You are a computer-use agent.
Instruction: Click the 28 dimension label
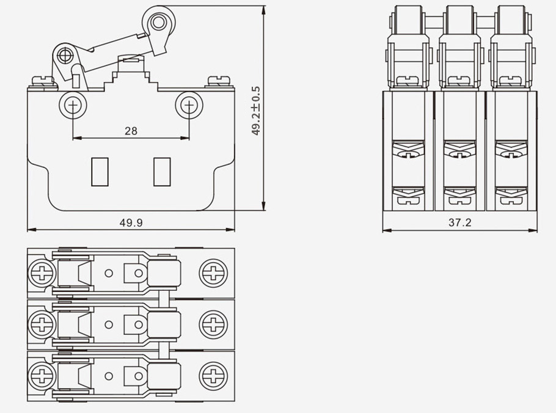(131, 131)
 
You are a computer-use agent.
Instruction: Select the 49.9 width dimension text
(131, 223)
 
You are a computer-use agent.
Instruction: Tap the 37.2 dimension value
(459, 223)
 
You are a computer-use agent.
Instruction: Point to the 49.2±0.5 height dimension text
(256, 111)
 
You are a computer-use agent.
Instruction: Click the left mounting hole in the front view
(73, 106)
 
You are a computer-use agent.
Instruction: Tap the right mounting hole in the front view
(189, 106)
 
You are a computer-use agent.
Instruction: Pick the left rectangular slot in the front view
(100, 172)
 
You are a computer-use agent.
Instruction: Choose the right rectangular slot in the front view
(162, 172)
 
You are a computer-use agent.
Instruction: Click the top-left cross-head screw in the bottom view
(41, 272)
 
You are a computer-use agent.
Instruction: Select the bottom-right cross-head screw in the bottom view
(214, 374)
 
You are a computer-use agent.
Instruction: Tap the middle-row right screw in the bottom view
(214, 323)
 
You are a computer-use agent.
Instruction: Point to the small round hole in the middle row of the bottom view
(109, 324)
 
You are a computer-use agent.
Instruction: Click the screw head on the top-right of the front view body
(219, 80)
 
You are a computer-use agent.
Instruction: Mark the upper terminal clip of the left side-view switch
(408, 150)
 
